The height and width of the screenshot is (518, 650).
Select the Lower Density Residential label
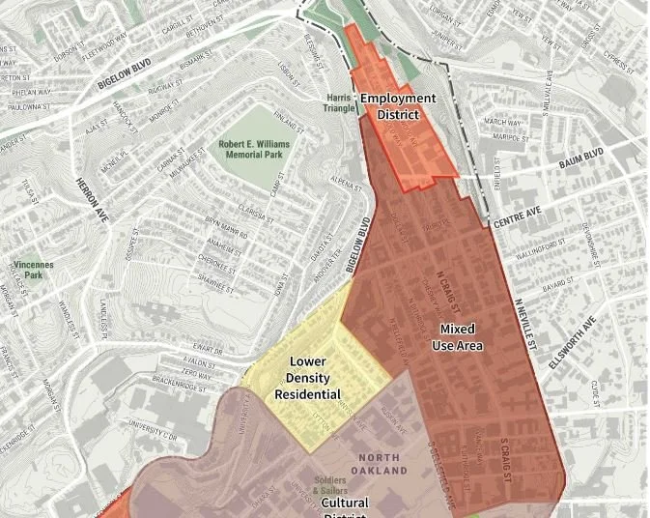point(307,378)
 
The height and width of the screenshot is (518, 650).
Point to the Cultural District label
point(345,507)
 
